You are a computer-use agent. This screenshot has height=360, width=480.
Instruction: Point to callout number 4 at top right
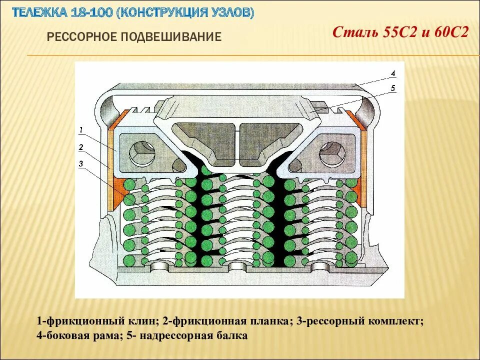393,73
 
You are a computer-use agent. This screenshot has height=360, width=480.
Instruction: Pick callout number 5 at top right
393,88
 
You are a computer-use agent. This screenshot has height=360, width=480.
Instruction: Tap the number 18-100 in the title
92,12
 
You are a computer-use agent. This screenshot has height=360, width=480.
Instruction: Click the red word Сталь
356,33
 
